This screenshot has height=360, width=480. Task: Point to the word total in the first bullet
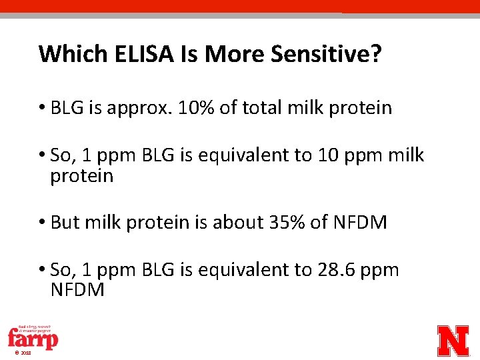261,108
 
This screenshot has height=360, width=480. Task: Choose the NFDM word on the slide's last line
77,290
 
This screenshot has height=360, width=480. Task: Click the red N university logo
453,340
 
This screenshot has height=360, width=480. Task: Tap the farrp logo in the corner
33,338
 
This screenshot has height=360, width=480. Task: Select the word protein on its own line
82,177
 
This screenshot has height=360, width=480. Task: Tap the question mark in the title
377,53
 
